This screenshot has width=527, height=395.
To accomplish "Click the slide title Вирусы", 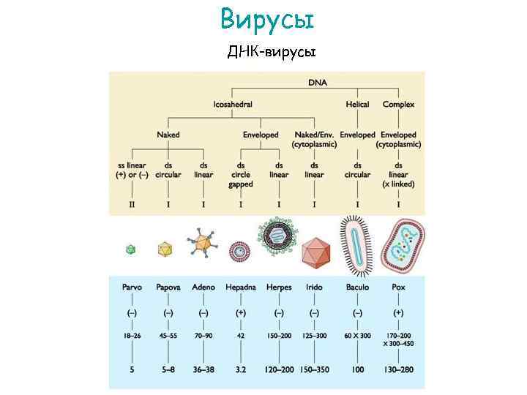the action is click(267, 19).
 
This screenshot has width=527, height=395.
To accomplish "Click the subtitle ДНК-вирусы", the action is click(271, 52).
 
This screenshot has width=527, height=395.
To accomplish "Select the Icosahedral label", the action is click(233, 105).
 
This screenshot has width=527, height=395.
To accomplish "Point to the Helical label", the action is click(357, 105).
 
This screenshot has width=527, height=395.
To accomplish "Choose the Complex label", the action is click(398, 105).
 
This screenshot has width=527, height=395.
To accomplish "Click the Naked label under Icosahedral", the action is click(168, 135).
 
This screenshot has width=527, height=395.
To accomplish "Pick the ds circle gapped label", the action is click(241, 175).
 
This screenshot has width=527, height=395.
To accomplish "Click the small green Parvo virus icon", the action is click(131, 249).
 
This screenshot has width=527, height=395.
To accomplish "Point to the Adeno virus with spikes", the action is click(203, 245).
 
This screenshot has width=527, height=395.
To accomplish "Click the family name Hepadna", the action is click(241, 287).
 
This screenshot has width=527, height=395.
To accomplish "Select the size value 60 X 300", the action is click(357, 336).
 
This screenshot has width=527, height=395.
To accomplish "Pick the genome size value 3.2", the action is click(241, 370).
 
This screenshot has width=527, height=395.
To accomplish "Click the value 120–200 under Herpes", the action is click(279, 370).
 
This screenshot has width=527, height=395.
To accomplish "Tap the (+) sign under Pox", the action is click(398, 312).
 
